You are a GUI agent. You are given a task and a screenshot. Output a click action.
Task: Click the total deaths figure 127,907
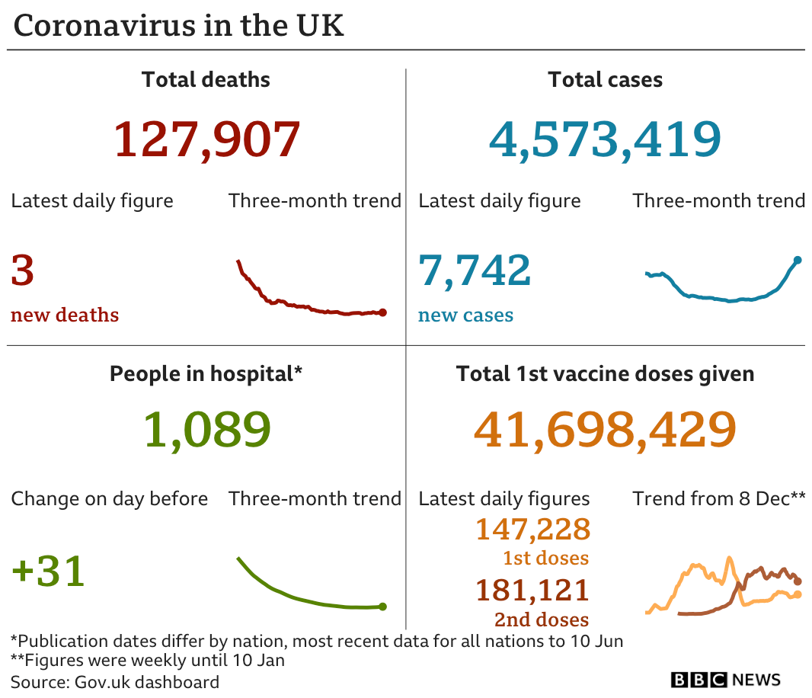[x=206, y=139]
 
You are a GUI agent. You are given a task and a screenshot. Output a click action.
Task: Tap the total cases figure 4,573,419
[x=605, y=139]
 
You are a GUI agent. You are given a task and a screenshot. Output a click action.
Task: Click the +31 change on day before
[x=48, y=572]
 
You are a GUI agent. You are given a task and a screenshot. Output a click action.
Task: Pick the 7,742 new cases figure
[x=475, y=271]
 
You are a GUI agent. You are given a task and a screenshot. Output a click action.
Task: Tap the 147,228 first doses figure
[x=532, y=529]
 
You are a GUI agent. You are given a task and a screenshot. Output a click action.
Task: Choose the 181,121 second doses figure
[x=532, y=590]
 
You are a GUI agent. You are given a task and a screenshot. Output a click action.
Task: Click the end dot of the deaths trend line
[x=382, y=312]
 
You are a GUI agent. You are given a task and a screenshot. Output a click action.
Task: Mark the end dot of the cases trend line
[x=798, y=260]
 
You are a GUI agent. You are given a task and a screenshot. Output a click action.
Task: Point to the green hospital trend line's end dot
[x=382, y=607]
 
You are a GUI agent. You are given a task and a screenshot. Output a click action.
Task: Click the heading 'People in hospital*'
[x=206, y=374]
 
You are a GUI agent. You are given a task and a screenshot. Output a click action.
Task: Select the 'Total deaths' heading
[x=206, y=79]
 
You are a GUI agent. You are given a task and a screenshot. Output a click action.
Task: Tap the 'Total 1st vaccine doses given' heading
[x=605, y=374]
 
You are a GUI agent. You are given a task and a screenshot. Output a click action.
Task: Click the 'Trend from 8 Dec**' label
[x=718, y=499]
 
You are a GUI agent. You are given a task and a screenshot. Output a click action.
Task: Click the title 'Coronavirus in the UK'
[x=179, y=25]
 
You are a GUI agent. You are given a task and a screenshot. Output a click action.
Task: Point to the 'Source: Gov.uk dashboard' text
[x=115, y=682]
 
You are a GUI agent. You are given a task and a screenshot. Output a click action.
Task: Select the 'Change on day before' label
[x=109, y=499]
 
